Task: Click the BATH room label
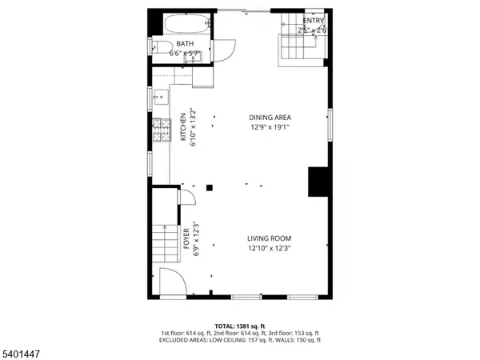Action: [x=185, y=43]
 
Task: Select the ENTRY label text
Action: [x=314, y=20]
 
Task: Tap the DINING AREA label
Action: [x=270, y=118]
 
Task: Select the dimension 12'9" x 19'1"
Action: [x=270, y=126]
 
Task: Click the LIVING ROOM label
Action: [x=269, y=238]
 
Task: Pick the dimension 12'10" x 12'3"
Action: [x=269, y=248]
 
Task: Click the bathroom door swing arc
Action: [x=224, y=50]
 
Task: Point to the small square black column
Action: [x=210, y=187]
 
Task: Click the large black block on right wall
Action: [x=319, y=181]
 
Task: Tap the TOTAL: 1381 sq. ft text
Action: [x=240, y=326]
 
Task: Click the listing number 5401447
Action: [x=22, y=350]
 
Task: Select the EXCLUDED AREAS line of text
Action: [x=240, y=340]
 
